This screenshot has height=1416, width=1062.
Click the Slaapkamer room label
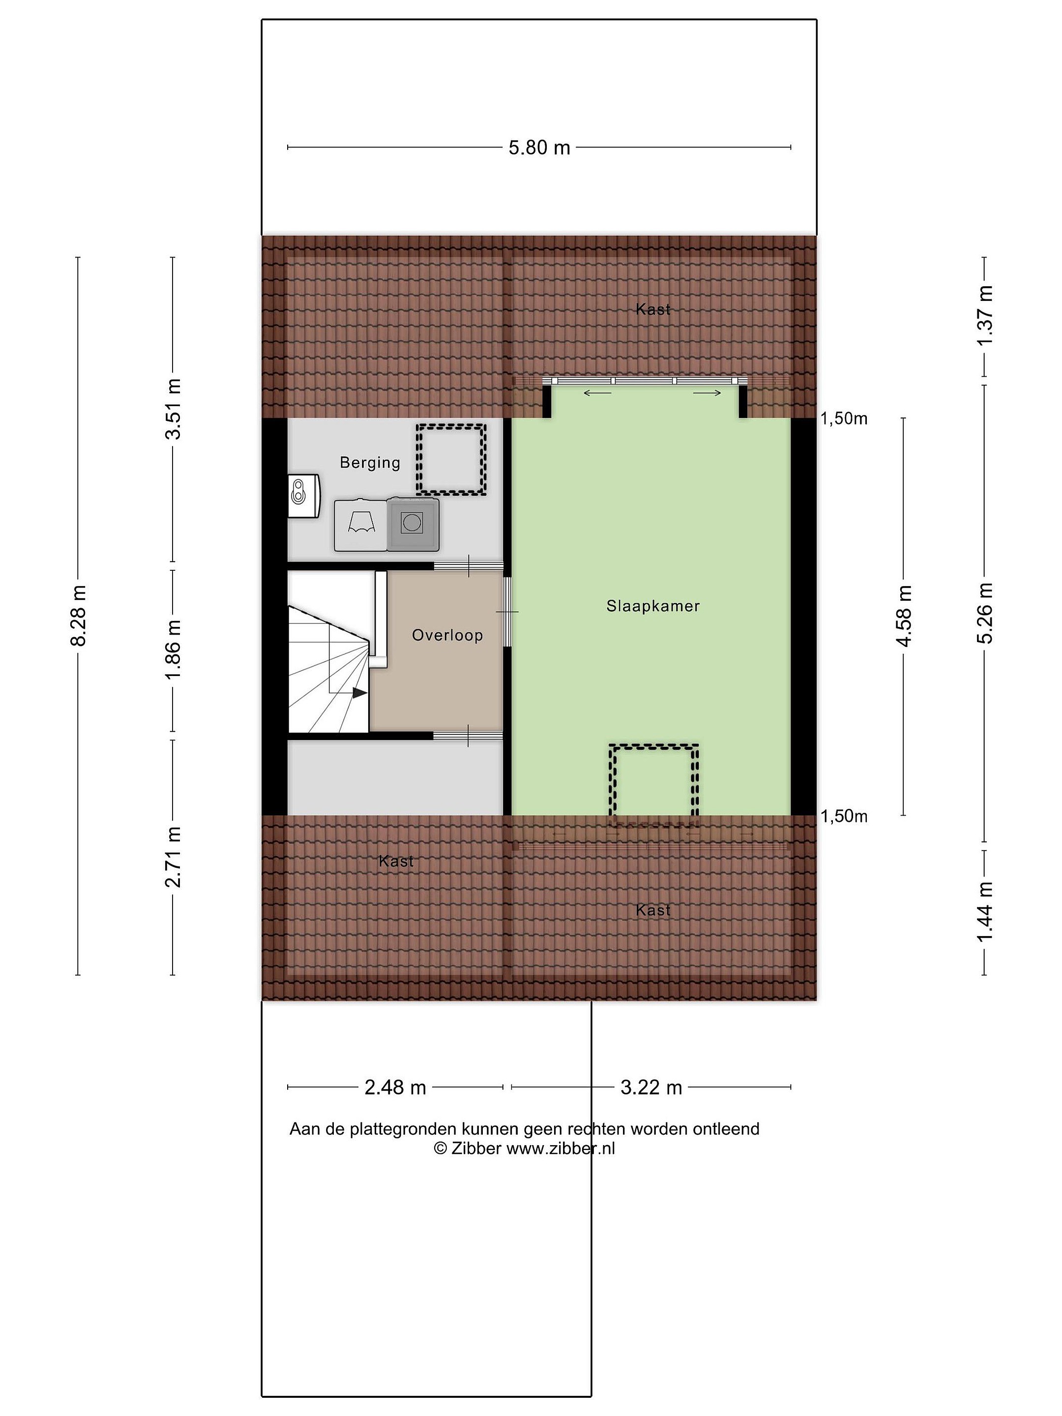click(653, 606)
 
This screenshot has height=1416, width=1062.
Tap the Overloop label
click(447, 635)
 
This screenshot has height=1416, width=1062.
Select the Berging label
click(370, 463)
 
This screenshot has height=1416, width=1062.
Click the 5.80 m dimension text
click(539, 148)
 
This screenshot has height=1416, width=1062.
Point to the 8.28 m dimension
click(79, 616)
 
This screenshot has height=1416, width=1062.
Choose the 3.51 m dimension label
click(173, 409)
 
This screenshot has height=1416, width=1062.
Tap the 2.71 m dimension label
click(173, 856)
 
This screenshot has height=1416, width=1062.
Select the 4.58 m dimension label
click(904, 616)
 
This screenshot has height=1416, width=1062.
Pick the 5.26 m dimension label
click(984, 613)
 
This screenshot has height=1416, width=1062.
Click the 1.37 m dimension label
click(984, 316)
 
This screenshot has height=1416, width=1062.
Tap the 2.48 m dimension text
click(395, 1087)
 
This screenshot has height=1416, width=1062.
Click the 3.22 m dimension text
click(651, 1087)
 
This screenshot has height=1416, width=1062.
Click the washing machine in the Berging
click(413, 524)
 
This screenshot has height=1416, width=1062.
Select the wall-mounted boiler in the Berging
click(303, 496)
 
